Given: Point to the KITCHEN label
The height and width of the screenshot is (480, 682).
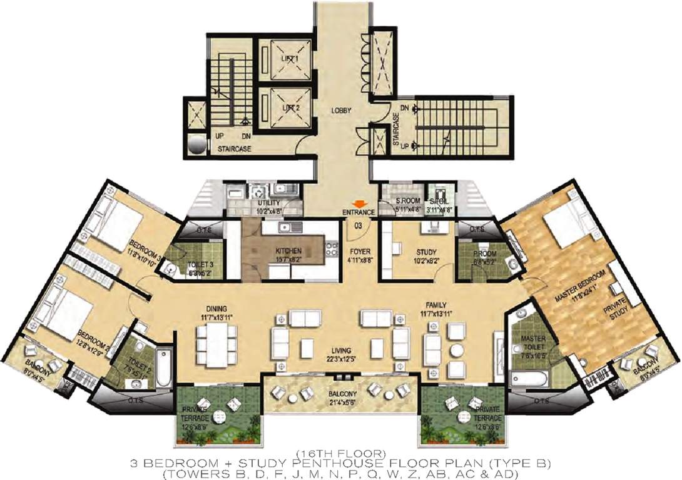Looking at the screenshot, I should click(288, 251).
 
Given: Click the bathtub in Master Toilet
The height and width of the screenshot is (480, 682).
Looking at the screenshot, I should click(530, 379).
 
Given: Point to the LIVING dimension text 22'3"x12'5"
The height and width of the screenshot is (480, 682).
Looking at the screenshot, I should click(342, 359).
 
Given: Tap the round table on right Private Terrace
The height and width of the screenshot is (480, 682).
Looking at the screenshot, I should click(462, 417).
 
